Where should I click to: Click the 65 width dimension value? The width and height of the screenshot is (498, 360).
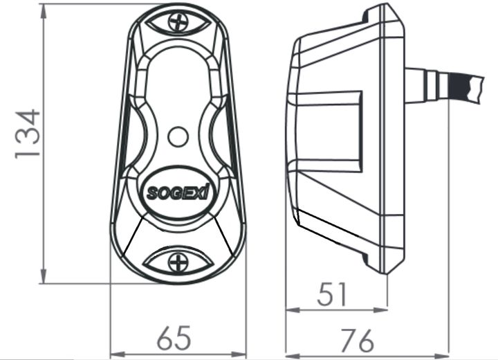174,339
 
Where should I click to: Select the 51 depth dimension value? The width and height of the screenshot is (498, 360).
336,295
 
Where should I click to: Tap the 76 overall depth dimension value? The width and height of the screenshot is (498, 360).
358,340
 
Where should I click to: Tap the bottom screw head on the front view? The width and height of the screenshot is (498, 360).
178,262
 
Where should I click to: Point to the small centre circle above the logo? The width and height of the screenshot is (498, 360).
178,136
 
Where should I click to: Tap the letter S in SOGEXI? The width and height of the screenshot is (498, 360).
151,194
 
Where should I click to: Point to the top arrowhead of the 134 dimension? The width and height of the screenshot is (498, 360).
44,8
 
